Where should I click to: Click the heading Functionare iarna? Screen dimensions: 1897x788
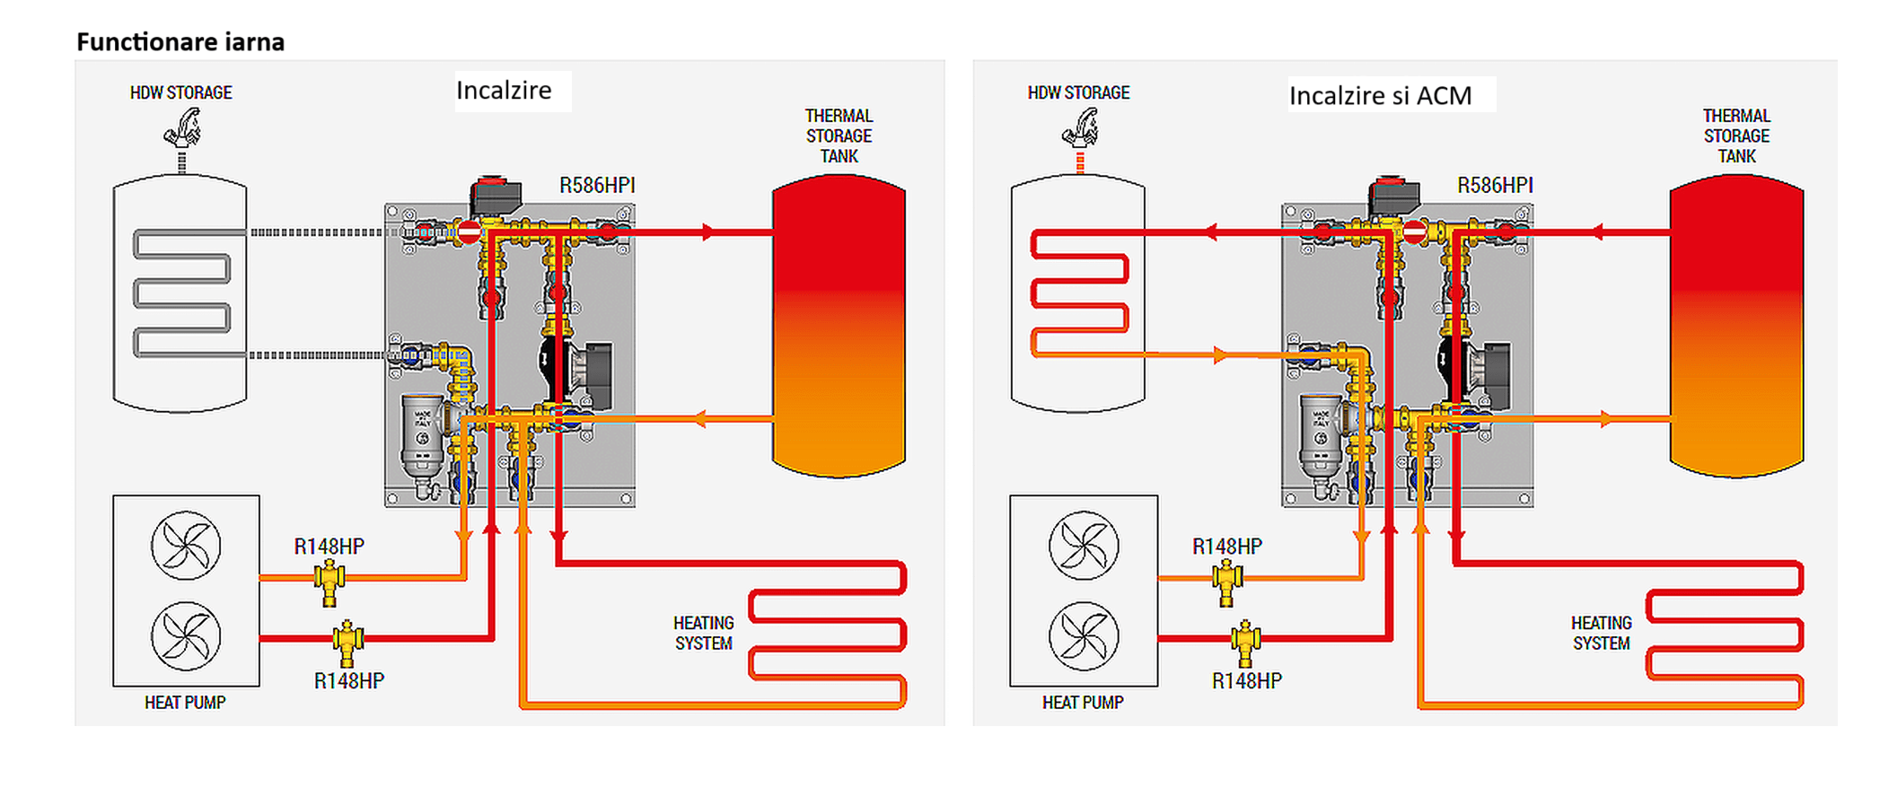180,42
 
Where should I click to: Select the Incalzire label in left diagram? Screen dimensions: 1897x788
504,91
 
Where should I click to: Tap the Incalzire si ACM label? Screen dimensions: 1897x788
1380,96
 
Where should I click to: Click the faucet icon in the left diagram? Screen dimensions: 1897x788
183,127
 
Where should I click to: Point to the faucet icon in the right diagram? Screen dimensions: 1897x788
1081,127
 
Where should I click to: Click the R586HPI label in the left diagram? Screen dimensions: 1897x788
597,186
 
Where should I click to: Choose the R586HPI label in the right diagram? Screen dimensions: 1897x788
1495,186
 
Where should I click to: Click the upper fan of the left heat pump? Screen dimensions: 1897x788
186,546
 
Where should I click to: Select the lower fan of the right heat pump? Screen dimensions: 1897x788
1084,636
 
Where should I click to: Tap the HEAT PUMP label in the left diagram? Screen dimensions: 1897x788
185,703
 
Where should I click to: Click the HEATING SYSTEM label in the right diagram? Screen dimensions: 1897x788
1602,633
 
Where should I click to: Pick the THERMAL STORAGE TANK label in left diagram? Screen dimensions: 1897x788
839,136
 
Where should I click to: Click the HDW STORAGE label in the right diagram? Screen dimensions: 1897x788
1078,92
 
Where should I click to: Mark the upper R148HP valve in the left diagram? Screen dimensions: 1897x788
329,581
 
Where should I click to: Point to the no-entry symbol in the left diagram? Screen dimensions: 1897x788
469,232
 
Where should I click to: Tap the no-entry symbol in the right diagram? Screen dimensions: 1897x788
1414,232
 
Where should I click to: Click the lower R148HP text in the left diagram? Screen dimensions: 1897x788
349,681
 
